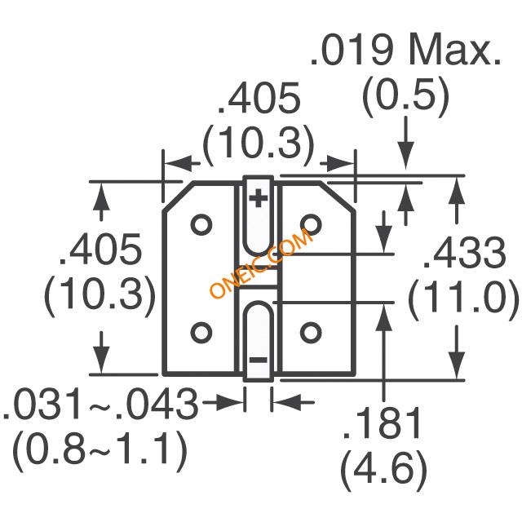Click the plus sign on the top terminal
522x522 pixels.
259,198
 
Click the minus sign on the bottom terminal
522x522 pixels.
259,360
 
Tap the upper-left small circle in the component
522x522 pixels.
201,225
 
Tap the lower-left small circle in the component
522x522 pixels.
201,332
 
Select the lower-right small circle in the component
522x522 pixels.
311,332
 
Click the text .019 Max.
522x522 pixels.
405,49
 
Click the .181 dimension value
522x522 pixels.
382,422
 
